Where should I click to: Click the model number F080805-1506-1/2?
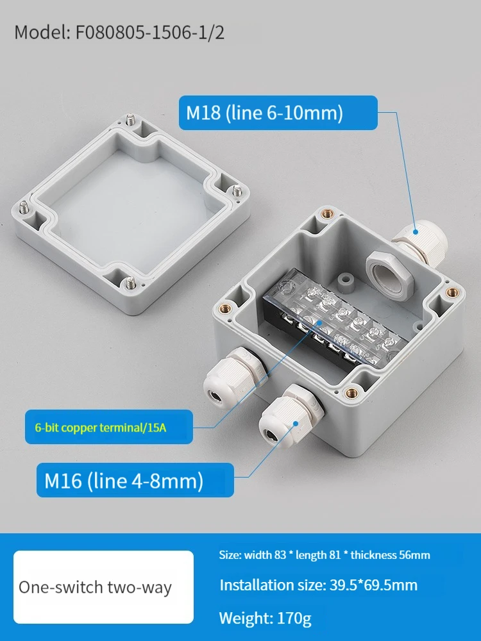click(x=149, y=33)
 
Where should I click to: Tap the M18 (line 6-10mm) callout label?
click(x=278, y=113)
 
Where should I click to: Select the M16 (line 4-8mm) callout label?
click(x=135, y=480)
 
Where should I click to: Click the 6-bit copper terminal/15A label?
click(x=109, y=427)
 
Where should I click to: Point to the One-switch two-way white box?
click(x=103, y=587)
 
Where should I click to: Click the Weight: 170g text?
click(x=265, y=618)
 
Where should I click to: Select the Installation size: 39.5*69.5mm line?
click(x=319, y=585)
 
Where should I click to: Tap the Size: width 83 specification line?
click(x=325, y=554)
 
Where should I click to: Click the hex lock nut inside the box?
click(x=389, y=272)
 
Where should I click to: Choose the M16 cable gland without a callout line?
click(x=233, y=374)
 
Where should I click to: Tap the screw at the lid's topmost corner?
click(x=130, y=121)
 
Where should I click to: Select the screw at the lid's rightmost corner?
click(x=237, y=191)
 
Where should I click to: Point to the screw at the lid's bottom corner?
click(x=130, y=282)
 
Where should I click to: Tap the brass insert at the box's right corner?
click(x=452, y=292)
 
